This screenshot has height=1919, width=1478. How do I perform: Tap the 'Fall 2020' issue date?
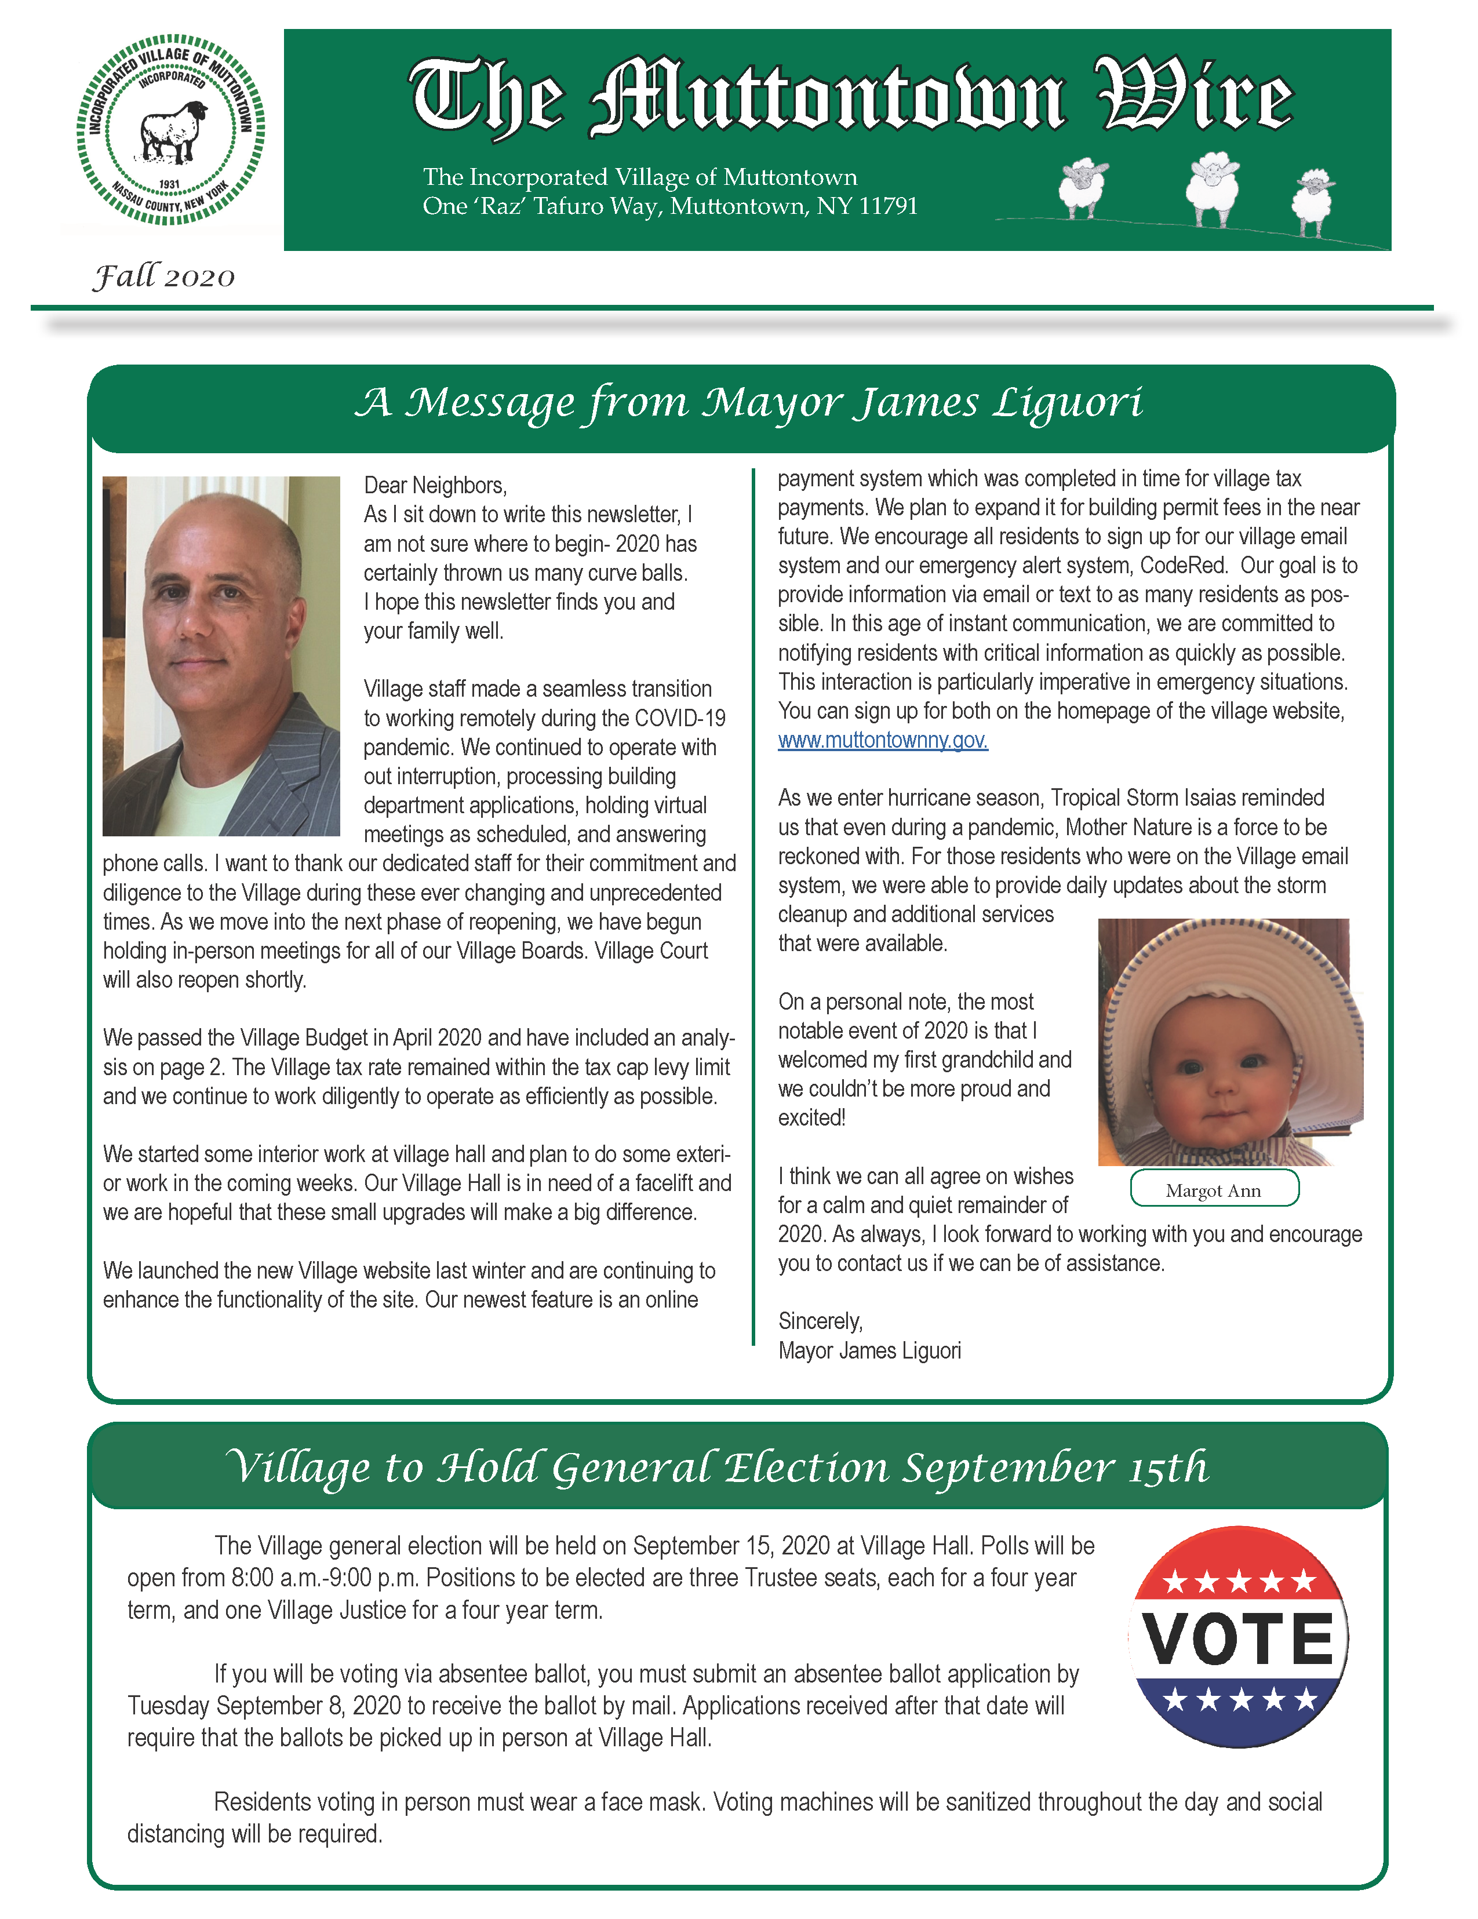tap(165, 277)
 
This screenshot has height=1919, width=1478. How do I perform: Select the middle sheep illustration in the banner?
tap(1212, 187)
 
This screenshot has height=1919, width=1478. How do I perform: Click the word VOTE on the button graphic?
tap(1238, 1640)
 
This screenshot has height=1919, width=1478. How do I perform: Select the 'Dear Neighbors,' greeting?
tap(435, 485)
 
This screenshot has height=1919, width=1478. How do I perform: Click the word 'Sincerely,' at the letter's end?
tap(820, 1321)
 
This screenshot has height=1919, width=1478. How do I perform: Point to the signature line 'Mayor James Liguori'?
tap(869, 1350)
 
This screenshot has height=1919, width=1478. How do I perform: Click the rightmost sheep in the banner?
tap(1312, 201)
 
